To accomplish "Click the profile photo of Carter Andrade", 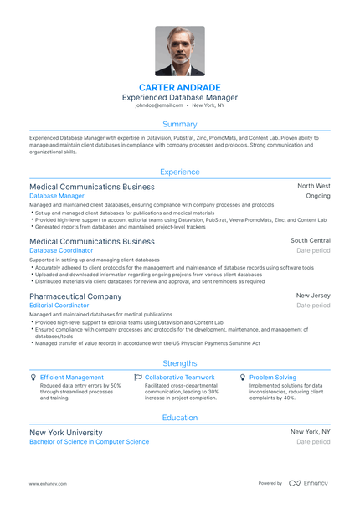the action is pos(179,51).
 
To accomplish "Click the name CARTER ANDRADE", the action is pos(179,87).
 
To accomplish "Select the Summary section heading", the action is pos(179,124).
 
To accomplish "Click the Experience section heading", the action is pos(179,172).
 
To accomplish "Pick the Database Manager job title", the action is pos(57,196).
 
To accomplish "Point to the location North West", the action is pos(313,186).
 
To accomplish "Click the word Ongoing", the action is pos(318,196).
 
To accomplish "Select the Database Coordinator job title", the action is pos(61,250).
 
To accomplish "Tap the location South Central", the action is pos(310,240).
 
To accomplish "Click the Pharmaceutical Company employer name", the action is pos(75,296).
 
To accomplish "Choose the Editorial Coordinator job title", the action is pos(59,306).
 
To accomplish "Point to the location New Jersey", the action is pos(313,296).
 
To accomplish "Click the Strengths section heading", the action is pos(179,363).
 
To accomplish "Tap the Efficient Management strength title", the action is pos(72,378).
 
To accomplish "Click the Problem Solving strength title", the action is pos(272,378).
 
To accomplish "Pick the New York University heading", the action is pos(66,432).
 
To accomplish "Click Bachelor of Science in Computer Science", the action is pos(89,441).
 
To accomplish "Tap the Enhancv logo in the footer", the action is pos(307,483).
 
